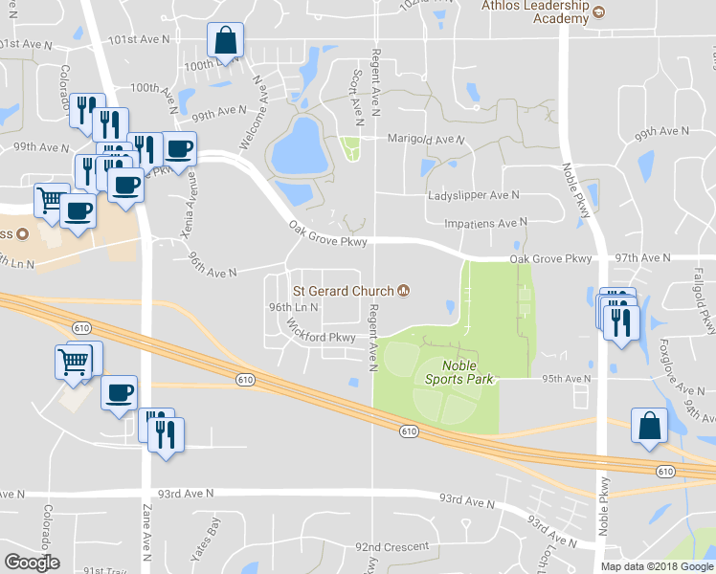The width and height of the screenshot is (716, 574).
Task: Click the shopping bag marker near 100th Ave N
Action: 226,42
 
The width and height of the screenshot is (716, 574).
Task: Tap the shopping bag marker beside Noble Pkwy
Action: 649,427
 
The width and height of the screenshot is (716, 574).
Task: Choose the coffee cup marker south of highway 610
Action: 119,393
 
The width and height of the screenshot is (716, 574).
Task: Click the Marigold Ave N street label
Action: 425,139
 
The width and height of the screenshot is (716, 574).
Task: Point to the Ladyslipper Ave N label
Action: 473,194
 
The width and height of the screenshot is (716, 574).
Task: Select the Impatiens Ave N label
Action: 486,223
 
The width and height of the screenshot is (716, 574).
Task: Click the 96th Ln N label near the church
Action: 293,307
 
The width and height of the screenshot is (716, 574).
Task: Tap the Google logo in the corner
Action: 32,563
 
